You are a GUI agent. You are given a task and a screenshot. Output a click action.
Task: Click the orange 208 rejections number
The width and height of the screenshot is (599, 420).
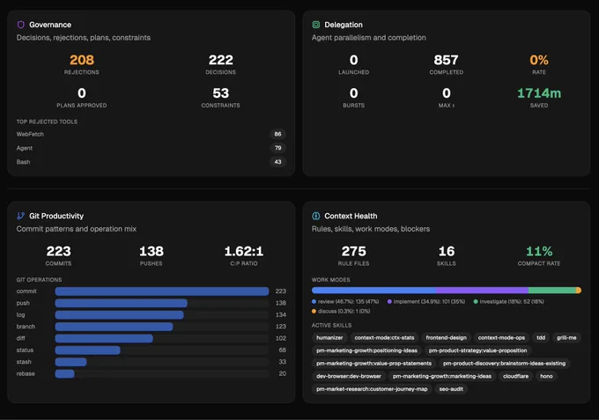coord(82,60)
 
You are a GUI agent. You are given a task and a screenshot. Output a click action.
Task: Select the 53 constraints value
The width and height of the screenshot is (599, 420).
coord(221,93)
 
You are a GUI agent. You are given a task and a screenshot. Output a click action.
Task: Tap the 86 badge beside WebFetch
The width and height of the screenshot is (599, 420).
coord(277,134)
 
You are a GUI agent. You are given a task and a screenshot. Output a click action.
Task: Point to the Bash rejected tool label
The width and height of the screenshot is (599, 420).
coord(23,162)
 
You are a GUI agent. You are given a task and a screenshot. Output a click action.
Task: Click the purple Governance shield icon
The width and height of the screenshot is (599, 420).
coord(21,25)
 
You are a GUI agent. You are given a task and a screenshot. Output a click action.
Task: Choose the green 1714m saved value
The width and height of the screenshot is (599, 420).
coord(539,93)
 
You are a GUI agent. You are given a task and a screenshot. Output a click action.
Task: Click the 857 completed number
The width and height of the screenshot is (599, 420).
coord(446,60)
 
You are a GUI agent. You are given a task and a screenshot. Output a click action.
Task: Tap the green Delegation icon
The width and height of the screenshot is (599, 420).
coord(316,25)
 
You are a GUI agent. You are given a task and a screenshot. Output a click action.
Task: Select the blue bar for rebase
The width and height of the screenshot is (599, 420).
coord(64,373)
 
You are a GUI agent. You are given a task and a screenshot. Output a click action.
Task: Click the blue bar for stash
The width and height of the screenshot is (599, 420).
coord(70,362)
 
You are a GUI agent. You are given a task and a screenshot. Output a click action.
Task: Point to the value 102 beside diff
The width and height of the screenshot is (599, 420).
coord(281,338)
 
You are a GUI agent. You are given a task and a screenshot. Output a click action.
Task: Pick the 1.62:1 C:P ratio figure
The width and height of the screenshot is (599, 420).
coord(244,251)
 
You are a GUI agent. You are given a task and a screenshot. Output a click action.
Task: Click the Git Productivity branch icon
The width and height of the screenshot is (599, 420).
coord(20,216)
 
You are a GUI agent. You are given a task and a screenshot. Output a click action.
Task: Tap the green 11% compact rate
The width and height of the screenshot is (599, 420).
coord(539,251)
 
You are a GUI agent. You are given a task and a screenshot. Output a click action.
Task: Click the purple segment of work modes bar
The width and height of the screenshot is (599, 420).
coord(482,291)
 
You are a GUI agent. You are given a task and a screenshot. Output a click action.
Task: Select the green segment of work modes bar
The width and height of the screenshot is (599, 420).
coord(552,291)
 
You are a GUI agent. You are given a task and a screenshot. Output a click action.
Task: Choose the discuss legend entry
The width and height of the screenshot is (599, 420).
coord(341,311)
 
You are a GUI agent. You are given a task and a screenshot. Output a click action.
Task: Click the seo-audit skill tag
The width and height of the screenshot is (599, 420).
coord(451,389)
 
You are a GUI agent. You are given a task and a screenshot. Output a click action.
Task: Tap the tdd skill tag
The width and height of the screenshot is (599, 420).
coord(541,337)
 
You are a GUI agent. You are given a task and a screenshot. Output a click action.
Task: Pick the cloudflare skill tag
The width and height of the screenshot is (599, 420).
coord(515,376)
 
